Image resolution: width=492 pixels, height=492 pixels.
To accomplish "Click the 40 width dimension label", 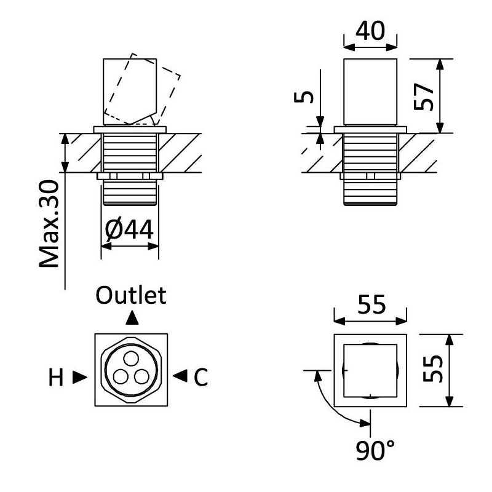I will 372,31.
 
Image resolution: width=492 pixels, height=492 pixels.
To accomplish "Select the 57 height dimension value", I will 424,95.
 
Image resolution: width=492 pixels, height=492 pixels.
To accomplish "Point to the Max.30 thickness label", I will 49,224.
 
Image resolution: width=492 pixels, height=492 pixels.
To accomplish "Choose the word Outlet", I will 131,296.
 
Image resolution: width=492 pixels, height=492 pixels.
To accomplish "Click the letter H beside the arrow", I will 57,378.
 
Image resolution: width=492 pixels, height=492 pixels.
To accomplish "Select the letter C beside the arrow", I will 200,378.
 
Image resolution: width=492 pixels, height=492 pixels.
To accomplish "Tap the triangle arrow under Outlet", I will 131,318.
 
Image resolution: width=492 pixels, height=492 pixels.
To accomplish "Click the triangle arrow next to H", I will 79,377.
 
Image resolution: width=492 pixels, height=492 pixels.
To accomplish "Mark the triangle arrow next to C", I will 180,377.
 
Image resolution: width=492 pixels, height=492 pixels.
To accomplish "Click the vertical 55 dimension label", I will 434,370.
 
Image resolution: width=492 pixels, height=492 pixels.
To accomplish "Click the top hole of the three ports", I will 130,359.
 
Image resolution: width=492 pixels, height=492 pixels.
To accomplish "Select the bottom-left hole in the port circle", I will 122,375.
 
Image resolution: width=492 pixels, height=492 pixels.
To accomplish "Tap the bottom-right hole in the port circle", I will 140,375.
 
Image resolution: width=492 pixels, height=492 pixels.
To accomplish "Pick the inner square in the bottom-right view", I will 371,370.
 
